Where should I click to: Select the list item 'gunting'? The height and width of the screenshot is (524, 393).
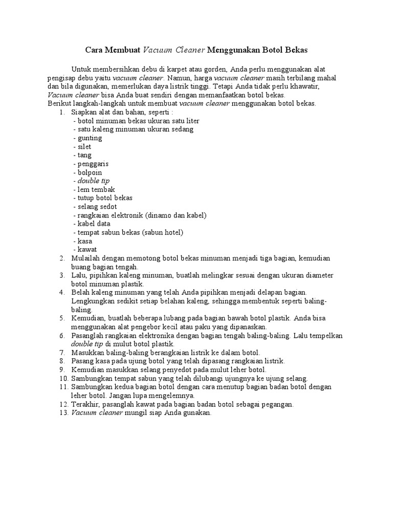pos(89,138)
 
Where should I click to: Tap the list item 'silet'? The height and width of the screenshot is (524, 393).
pos(84,147)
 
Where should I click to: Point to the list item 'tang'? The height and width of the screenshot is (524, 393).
pos(83,156)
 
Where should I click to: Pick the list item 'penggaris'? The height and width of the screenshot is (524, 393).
pos(92,164)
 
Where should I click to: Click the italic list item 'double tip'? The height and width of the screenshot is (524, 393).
pos(93,181)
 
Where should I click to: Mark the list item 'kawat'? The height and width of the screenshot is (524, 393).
pos(86,250)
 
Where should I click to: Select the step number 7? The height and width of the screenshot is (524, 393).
pos(62,353)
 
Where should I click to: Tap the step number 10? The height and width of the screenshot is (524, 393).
pos(61,379)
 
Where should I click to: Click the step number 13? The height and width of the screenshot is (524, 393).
pos(61,413)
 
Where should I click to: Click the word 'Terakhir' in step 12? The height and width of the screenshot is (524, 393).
pos(84,404)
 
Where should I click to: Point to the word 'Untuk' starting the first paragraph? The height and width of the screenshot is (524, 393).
pos(81,69)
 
